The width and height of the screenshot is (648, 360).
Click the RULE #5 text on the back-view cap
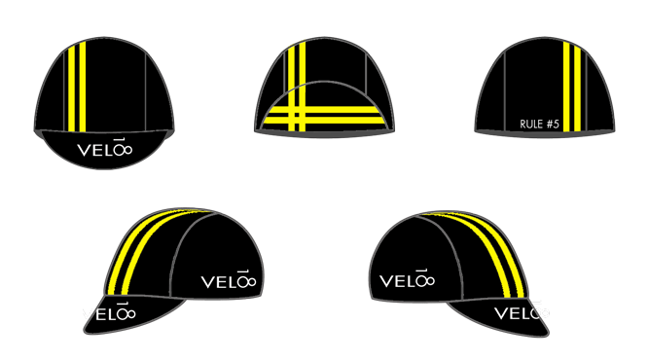(x=540, y=124)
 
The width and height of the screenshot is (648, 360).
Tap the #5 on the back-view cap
(x=554, y=124)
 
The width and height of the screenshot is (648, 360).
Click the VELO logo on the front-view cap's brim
(x=104, y=151)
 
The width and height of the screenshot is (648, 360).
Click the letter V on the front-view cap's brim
(x=82, y=152)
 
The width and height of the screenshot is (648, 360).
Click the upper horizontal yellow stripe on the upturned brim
(x=326, y=113)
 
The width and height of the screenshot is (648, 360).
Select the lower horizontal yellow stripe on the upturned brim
(x=326, y=123)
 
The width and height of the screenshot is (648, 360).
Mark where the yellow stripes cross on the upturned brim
(x=297, y=118)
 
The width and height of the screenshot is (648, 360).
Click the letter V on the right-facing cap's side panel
(x=387, y=283)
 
